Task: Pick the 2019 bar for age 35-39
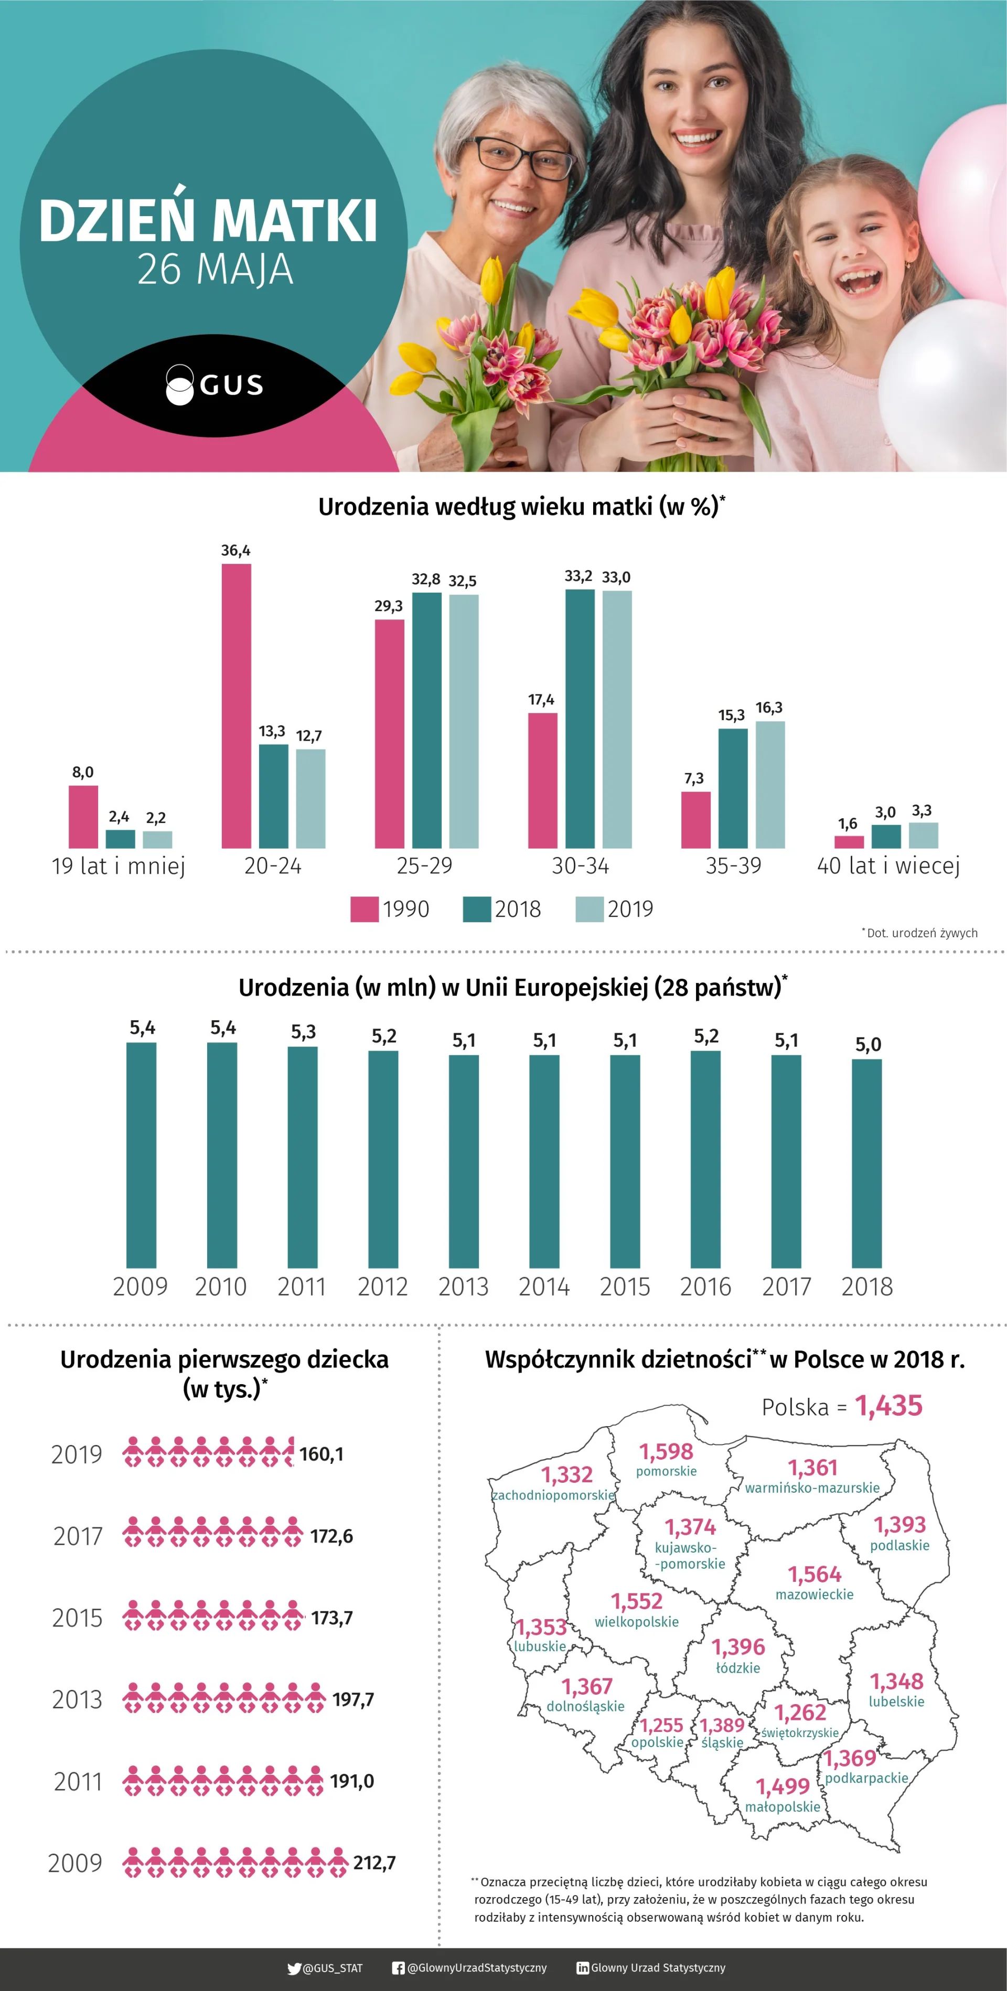pos(770,785)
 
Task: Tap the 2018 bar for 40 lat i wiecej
pos(886,836)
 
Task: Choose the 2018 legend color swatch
pos(477,909)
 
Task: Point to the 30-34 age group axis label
pos(581,865)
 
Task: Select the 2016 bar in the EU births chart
pos(705,1159)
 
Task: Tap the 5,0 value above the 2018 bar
pos(868,1044)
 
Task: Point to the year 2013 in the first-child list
pos(77,1699)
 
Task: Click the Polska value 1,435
pos(889,1406)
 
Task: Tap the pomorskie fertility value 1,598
pos(666,1451)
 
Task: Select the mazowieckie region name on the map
pos(815,1594)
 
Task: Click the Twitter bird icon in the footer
pos(294,1968)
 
